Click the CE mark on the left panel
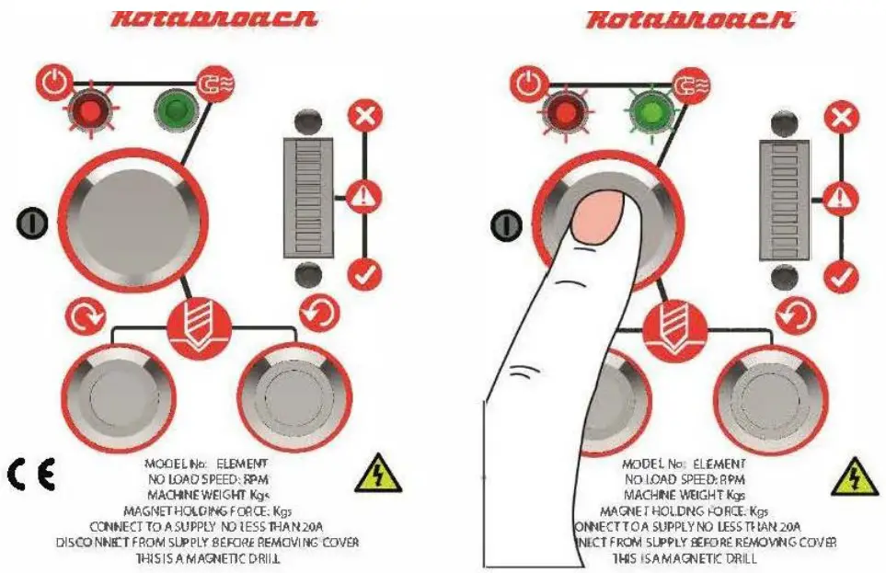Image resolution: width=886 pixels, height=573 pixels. point(31,474)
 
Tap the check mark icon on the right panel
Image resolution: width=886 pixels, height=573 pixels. point(840,275)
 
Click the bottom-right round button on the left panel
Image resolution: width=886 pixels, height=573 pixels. point(293,397)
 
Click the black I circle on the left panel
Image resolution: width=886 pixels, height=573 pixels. point(30,222)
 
